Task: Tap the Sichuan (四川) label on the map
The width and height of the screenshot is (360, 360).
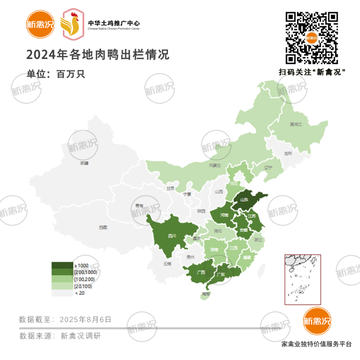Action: click(172, 236)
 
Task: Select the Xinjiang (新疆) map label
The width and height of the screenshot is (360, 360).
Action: click(85, 163)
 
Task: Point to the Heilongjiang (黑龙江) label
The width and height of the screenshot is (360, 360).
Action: click(295, 124)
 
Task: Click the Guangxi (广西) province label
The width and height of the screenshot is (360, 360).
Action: click(201, 272)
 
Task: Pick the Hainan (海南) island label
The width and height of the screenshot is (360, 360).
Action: click(206, 294)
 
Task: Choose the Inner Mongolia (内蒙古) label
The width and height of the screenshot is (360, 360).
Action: click(215, 165)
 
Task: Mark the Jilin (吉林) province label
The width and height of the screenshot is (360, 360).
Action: click(288, 154)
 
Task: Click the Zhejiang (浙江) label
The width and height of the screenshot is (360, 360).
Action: click(258, 240)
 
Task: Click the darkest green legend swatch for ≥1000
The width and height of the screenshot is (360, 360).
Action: click(62, 265)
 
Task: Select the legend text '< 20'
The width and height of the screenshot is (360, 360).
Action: click(79, 293)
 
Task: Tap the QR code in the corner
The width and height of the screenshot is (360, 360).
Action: click(312, 38)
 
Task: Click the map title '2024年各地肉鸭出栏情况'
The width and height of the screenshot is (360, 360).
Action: click(98, 55)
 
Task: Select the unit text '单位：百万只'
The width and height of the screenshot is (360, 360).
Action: click(56, 74)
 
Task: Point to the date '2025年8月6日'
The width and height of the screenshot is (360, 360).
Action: click(86, 319)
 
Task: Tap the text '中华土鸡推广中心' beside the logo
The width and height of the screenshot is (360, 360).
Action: click(114, 23)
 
